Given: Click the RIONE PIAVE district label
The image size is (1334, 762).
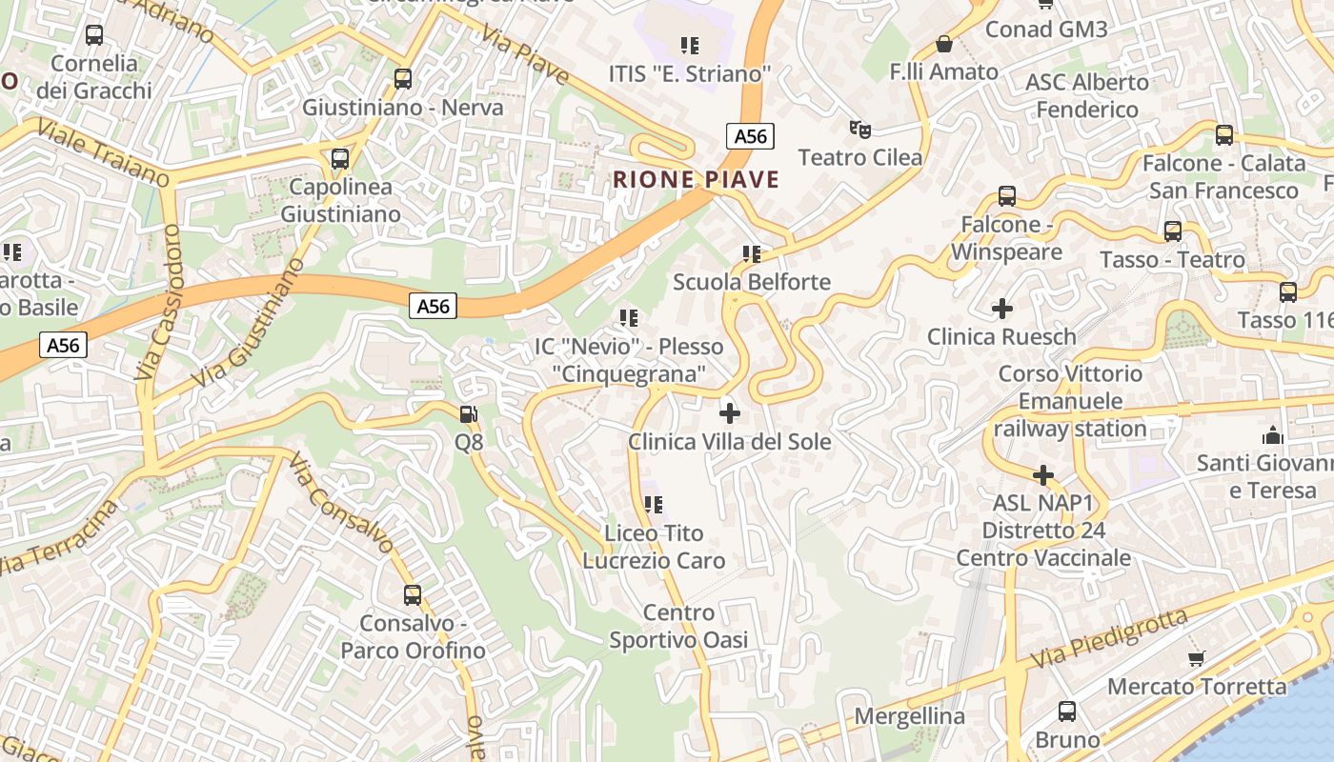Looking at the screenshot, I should tap(696, 179).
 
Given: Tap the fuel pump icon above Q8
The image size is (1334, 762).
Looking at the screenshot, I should tap(469, 414).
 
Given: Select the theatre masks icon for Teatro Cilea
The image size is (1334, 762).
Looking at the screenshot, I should tap(859, 129).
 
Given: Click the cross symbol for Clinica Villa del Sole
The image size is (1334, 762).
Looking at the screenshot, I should tap(729, 413).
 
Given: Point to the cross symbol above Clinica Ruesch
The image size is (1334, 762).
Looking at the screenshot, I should tap(1001, 309).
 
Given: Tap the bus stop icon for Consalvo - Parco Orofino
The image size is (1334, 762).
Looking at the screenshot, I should tap(413, 595).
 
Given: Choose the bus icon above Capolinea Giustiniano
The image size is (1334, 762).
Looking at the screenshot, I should tap(340, 159).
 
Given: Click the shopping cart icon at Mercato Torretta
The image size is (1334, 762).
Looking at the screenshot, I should tap(1197, 658).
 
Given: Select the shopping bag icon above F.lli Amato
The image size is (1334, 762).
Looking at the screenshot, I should tap(943, 44).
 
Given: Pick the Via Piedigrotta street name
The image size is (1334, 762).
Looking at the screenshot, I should tap(1109, 638).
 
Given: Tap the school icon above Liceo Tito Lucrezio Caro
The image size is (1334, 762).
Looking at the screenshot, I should tap(653, 504).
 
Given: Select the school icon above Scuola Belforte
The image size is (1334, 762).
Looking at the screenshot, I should tap(752, 254).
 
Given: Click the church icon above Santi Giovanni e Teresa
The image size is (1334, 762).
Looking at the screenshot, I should tap(1271, 436).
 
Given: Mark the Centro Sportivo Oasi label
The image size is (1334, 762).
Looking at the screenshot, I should tap(678, 626).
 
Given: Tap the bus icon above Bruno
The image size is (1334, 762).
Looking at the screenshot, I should tap(1067, 712).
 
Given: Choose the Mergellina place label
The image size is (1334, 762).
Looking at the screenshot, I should tap(910, 716).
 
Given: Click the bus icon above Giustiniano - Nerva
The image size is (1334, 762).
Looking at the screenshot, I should tap(403, 79).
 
